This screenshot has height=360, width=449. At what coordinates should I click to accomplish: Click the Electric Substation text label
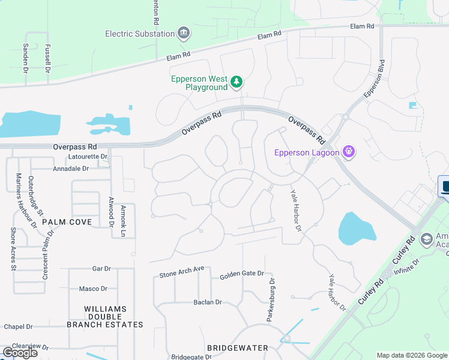coord(140,34)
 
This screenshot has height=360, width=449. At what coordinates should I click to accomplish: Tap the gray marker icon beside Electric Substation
coord(184,34)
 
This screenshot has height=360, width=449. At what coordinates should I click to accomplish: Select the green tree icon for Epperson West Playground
coord(237,82)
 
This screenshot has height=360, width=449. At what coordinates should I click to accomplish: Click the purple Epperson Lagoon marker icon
coord(349,152)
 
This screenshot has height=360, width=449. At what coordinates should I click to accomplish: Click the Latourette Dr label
coord(88,157)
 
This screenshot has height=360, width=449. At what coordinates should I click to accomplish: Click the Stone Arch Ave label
coord(182,272)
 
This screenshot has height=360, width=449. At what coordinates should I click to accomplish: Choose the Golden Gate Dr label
coord(241,274)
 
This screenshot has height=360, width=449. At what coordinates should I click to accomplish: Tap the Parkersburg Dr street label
coord(271,299)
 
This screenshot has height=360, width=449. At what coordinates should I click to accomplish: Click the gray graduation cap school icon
coord(427,239)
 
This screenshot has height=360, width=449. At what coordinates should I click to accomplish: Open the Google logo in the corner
coord(20,352)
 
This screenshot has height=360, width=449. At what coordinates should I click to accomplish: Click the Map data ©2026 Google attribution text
coord(412,355)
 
